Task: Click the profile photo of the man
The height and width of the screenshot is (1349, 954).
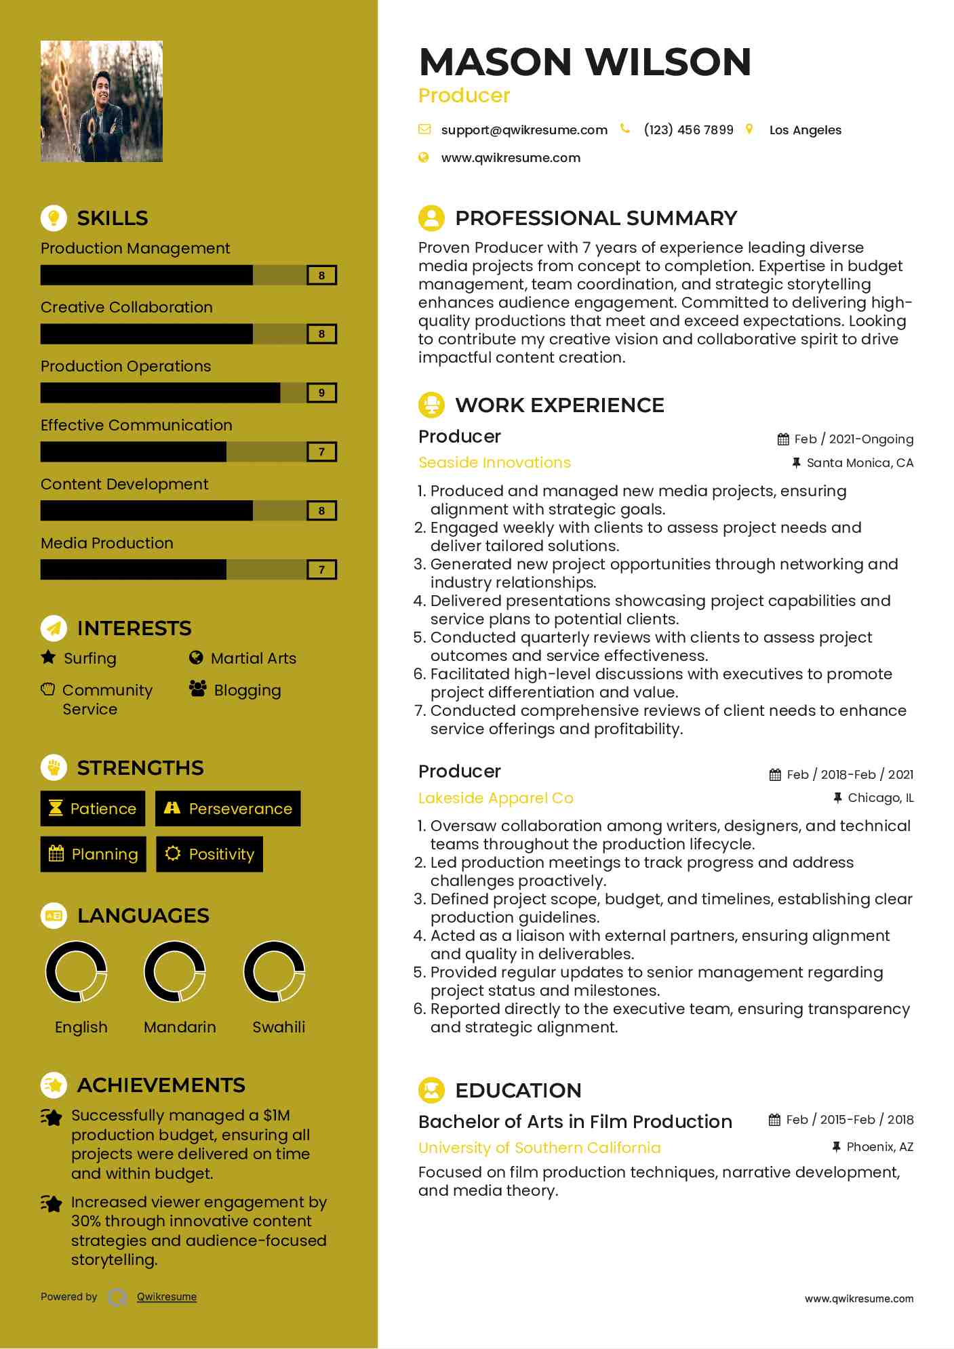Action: tap(102, 102)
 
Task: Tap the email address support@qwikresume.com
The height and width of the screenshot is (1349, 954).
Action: tap(523, 130)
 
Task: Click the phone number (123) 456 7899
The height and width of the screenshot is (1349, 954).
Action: tap(688, 130)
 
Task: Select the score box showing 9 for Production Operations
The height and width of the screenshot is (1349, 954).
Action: tap(321, 393)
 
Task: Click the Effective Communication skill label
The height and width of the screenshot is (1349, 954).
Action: tap(136, 426)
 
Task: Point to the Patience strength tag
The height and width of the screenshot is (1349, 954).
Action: tap(93, 809)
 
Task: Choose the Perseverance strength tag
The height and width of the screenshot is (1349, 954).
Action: tap(228, 809)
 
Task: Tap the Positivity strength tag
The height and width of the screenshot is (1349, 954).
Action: tap(210, 854)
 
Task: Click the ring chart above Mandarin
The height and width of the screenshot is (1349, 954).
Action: tap(175, 971)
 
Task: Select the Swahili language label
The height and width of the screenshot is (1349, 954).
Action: tap(279, 1028)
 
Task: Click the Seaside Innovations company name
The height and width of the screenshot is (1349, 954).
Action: tap(494, 463)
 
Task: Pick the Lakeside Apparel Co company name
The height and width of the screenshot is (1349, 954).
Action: tap(496, 799)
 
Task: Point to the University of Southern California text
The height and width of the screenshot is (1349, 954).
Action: tap(539, 1148)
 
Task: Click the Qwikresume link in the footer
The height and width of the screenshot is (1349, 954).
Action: tap(167, 1297)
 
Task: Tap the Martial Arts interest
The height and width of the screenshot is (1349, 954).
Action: tap(253, 658)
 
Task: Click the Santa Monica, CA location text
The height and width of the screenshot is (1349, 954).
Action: tap(860, 463)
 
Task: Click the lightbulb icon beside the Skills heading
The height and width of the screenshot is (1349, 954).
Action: tap(54, 218)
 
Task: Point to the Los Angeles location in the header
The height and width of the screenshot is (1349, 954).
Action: tap(805, 130)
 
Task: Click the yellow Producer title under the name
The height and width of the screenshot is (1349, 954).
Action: tap(464, 96)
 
